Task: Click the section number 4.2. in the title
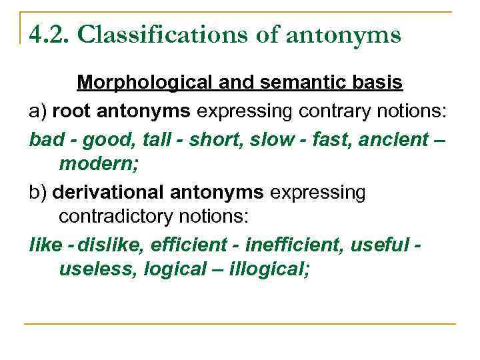pyautogui.click(x=49, y=34)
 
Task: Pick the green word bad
pyautogui.click(x=45, y=140)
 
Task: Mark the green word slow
pyautogui.click(x=251, y=140)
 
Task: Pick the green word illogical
pyautogui.click(x=271, y=269)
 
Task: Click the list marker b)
pyautogui.click(x=37, y=193)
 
